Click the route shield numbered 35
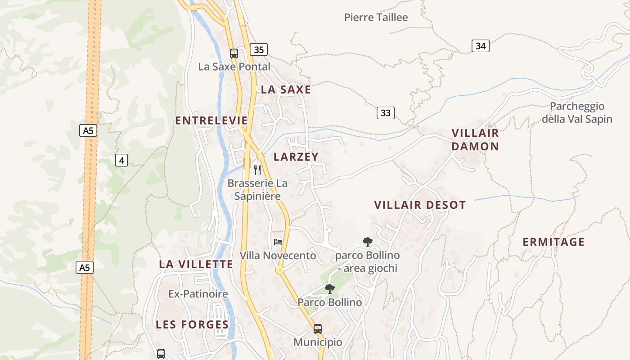(x=258, y=49)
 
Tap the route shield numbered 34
(x=481, y=45)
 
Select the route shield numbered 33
(x=385, y=112)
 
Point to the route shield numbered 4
(x=121, y=160)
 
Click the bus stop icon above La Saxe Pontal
(x=234, y=54)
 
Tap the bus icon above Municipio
(x=318, y=328)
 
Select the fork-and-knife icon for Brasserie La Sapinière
(x=257, y=170)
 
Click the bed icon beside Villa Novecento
(x=278, y=242)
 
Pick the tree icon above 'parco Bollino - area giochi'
(x=368, y=242)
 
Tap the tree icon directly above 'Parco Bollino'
(x=330, y=289)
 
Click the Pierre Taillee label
(x=376, y=18)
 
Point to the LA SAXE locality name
(x=286, y=90)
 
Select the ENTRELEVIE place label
(x=211, y=121)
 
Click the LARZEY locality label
(x=296, y=157)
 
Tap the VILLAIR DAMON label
(x=475, y=139)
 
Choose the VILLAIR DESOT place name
(x=420, y=205)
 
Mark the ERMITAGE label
(x=553, y=242)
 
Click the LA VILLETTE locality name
(x=196, y=264)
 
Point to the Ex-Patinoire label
(x=198, y=294)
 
